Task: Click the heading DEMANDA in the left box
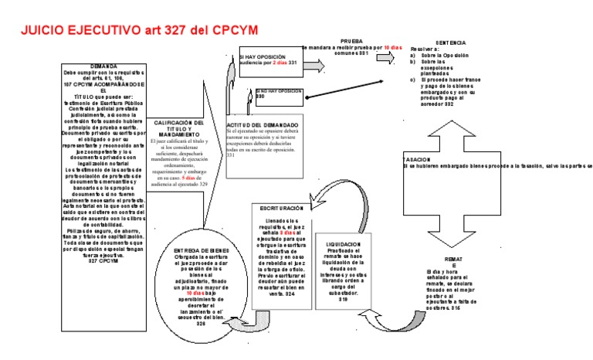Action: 103,66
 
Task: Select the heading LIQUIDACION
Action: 344,244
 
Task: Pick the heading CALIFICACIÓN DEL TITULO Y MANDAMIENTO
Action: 179,127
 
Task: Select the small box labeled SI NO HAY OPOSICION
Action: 278,93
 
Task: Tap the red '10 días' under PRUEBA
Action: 394,47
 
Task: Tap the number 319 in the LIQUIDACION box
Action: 344,299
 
